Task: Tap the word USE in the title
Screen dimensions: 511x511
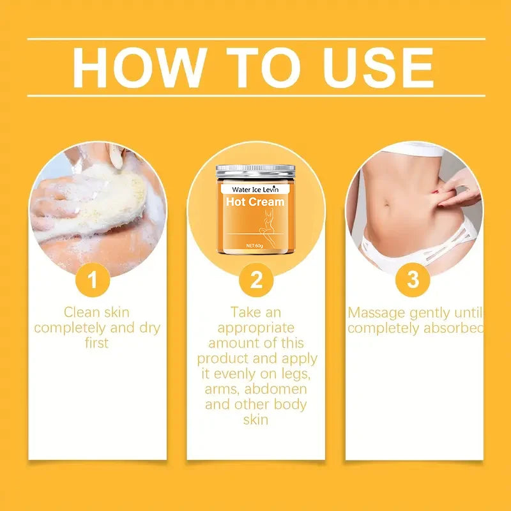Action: click(x=374, y=67)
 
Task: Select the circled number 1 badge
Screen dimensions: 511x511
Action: click(x=93, y=280)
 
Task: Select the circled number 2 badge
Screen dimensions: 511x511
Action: click(x=256, y=280)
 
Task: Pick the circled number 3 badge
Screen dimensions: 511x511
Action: click(x=413, y=280)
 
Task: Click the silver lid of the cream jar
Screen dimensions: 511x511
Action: click(x=256, y=172)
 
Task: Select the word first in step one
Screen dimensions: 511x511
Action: click(x=96, y=343)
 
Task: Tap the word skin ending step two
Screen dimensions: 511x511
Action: click(x=256, y=420)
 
